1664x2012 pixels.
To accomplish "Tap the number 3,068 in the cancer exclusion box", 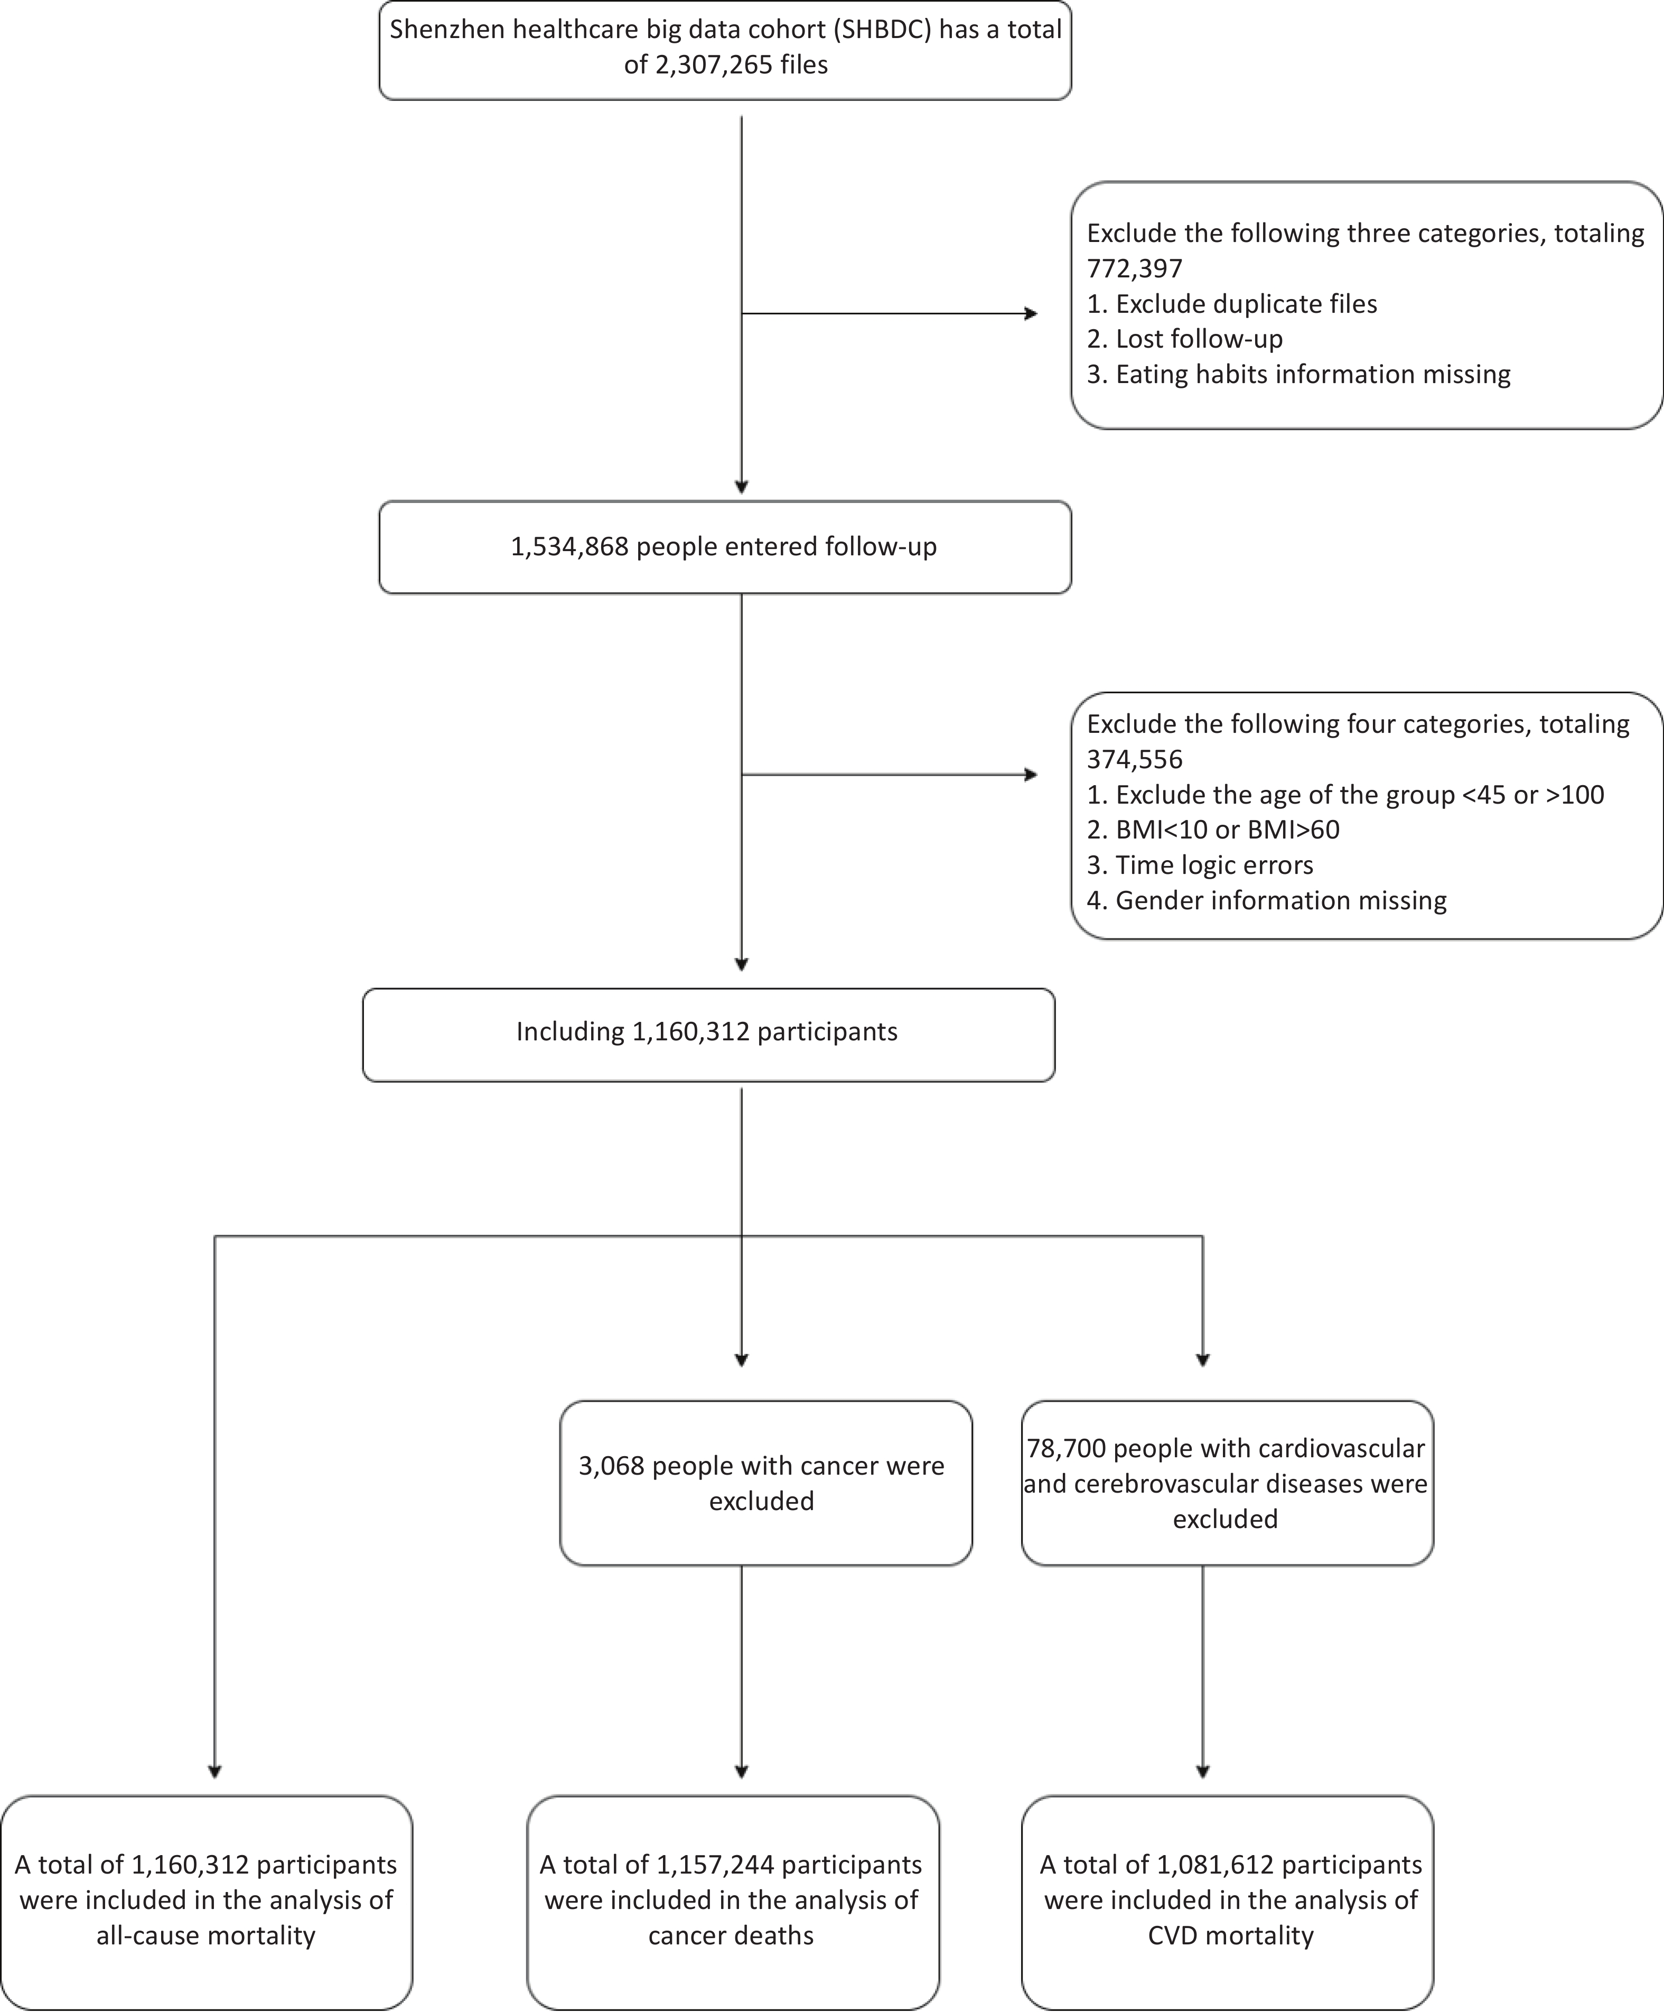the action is coord(611,1466).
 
